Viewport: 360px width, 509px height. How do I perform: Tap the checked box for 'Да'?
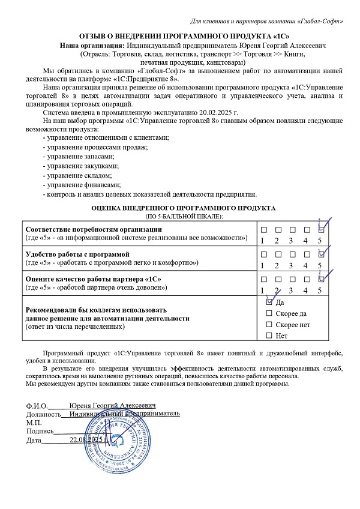pyautogui.click(x=269, y=303)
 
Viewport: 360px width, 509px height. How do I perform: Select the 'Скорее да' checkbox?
pyautogui.click(x=269, y=313)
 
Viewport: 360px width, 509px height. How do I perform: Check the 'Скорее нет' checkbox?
pyautogui.click(x=269, y=324)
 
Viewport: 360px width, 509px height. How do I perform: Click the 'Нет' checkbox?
pyautogui.click(x=269, y=335)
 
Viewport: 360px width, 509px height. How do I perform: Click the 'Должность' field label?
pyautogui.click(x=44, y=414)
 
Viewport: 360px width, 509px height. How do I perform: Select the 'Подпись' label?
pyautogui.click(x=40, y=431)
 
